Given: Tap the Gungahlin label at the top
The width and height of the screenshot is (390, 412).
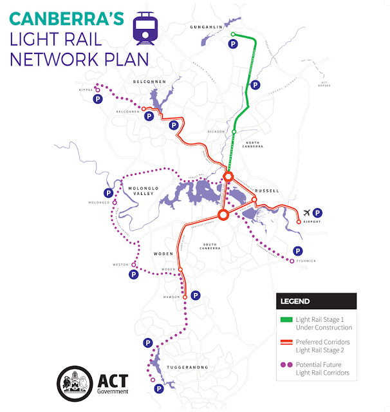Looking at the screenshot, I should pos(206,28).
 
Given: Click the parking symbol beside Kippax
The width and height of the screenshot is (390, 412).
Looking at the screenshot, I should pos(98,100).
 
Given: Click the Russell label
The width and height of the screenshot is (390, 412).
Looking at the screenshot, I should pos(266,191).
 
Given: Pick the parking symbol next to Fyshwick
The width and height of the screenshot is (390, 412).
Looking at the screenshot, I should pos(297,251).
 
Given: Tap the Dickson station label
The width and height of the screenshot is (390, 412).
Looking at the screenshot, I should pos(217,131).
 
